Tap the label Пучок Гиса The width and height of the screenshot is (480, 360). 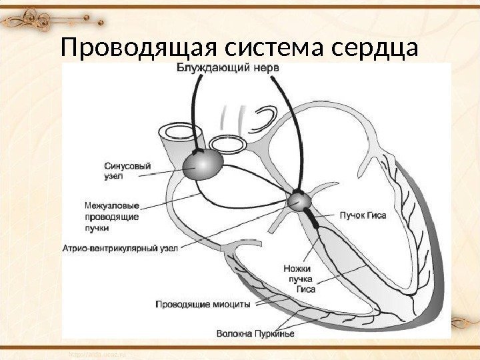click(362, 216)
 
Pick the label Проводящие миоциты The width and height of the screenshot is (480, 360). click(203, 303)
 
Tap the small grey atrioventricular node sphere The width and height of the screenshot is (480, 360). click(298, 199)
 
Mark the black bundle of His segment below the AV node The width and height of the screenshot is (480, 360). click(310, 215)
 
